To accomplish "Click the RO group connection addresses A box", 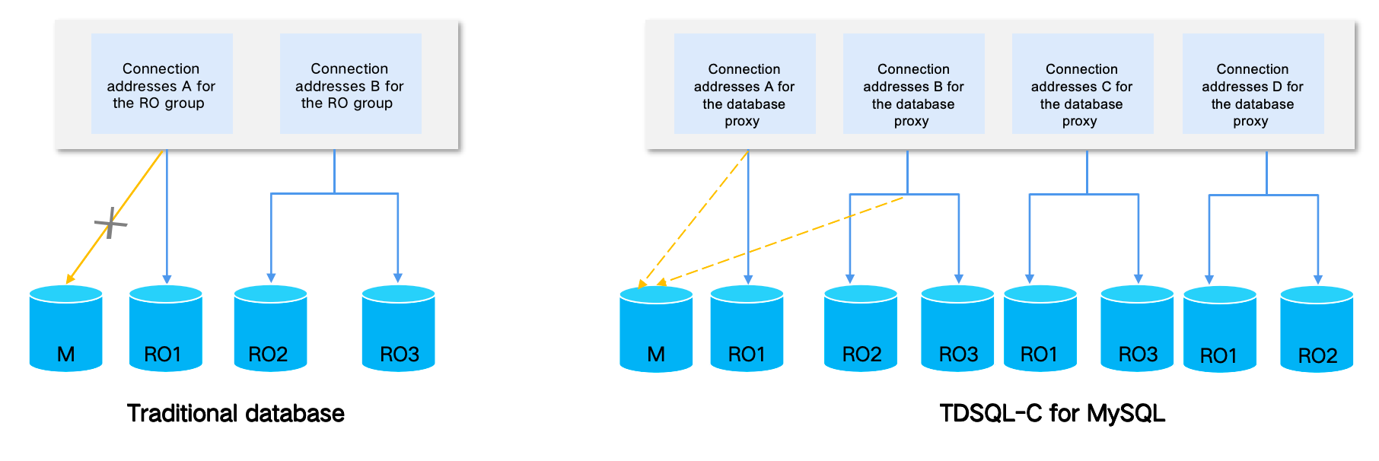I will pyautogui.click(x=161, y=84).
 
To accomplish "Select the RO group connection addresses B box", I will pyautogui.click(x=350, y=84).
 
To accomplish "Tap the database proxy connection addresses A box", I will pyautogui.click(x=744, y=84).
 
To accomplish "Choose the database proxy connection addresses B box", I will pyautogui.click(x=913, y=84).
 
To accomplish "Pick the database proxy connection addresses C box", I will pyautogui.click(x=1082, y=84).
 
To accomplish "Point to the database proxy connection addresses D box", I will pyautogui.click(x=1253, y=84).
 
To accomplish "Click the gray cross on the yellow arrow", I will pyautogui.click(x=111, y=223).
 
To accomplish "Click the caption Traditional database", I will pyautogui.click(x=236, y=413).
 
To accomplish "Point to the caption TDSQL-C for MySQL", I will pyautogui.click(x=1052, y=413).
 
